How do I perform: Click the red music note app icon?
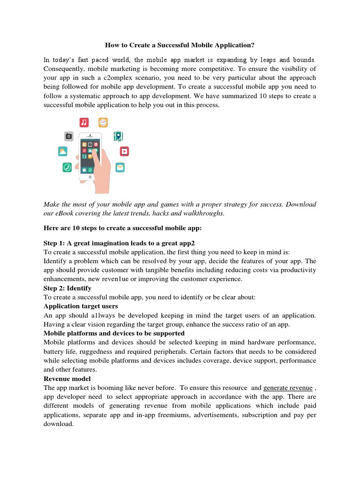(84, 122)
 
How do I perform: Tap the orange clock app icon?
(103, 122)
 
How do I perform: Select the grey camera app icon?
(69, 136)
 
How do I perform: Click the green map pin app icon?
(119, 136)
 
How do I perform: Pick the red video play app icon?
(124, 151)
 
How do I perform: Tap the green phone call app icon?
(67, 167)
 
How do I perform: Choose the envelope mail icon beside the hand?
(120, 167)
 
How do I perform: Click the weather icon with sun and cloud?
(63, 151)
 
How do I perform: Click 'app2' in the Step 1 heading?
(187, 243)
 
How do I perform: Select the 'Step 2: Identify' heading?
(67, 288)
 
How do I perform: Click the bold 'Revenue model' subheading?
(67, 378)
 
